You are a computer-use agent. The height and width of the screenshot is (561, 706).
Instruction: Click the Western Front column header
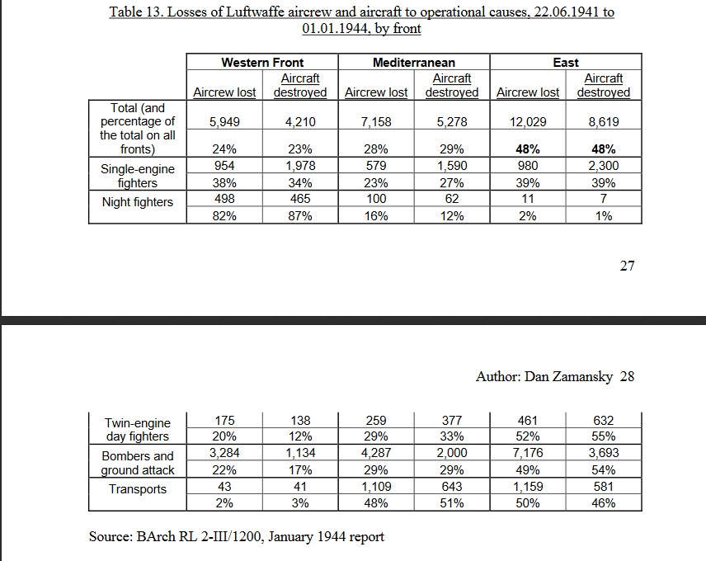pos(262,62)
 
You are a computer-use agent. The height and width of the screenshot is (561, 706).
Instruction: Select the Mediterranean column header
pos(414,62)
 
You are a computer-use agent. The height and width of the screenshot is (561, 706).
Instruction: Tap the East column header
pos(566,62)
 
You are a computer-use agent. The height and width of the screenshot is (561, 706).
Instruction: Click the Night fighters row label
pos(138,202)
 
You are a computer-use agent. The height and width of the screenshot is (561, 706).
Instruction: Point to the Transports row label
pos(138,489)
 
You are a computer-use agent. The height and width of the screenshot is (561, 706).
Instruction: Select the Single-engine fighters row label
pos(138,176)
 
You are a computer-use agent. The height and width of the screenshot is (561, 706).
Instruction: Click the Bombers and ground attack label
pos(138,464)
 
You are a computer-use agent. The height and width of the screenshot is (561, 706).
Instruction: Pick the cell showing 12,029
pos(528,122)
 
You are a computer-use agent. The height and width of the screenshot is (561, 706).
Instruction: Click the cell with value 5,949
pos(224,122)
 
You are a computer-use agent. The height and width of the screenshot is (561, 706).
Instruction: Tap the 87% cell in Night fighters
pos(300,216)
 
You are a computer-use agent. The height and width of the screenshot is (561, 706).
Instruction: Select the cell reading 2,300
pos(604,166)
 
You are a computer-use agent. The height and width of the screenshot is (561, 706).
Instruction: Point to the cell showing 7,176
pos(528,452)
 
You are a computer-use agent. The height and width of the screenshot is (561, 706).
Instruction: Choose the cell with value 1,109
pos(376,487)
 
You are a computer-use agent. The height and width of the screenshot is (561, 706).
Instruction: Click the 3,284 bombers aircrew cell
pos(224,452)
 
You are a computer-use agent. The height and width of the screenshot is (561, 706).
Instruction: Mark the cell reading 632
pos(604,421)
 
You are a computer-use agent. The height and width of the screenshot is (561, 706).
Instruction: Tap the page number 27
pos(627,266)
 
